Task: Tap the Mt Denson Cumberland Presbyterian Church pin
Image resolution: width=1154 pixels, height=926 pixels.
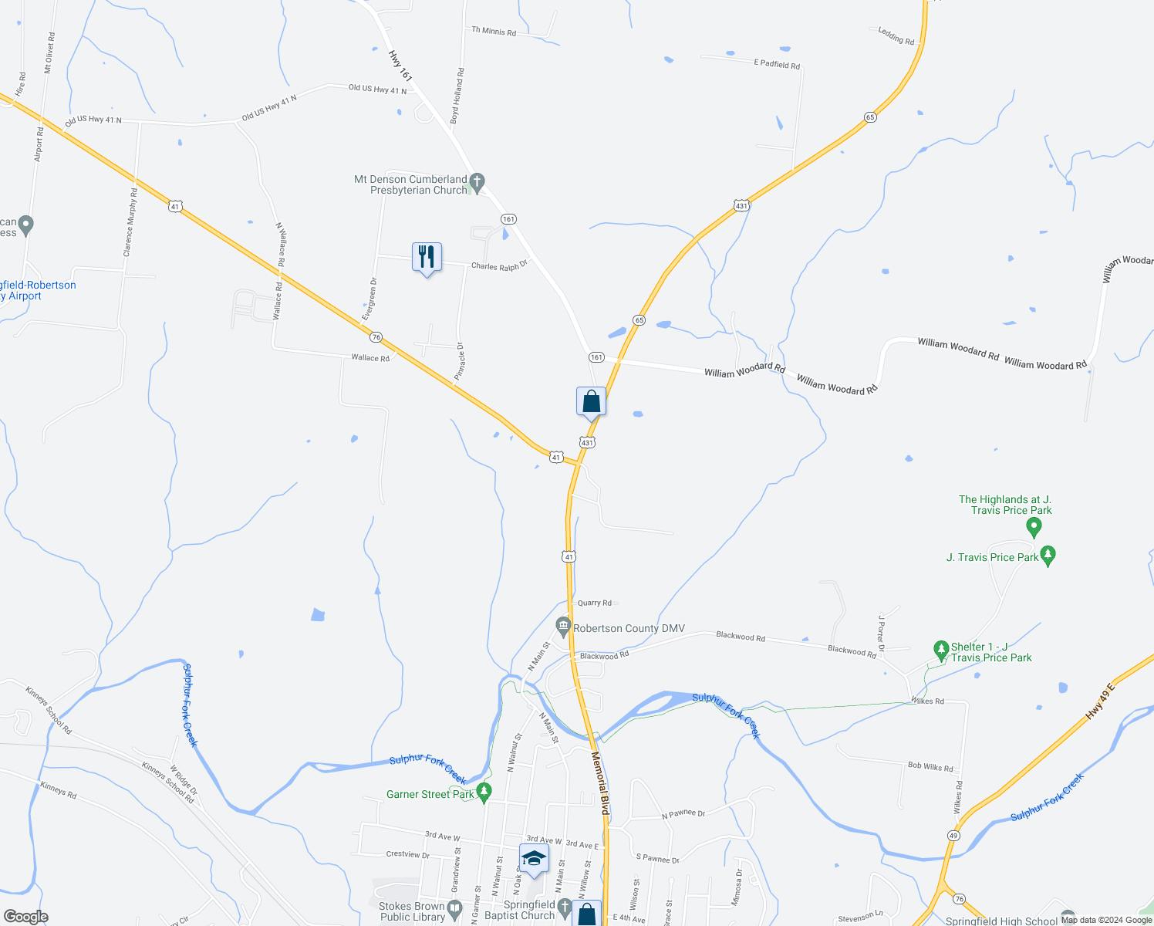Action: [x=477, y=183]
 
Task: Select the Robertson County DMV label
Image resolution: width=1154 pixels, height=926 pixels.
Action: [x=629, y=629]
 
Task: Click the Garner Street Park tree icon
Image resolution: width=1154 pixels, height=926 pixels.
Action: [x=484, y=792]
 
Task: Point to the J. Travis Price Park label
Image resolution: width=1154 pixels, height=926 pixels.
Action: [x=992, y=557]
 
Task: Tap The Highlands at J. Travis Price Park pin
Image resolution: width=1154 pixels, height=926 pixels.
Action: [x=1034, y=527]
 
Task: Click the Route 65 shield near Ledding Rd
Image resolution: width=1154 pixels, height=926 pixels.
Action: [x=870, y=117]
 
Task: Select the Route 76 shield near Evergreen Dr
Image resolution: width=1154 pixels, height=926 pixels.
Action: [x=376, y=337]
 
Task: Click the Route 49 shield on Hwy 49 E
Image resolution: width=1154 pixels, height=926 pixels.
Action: [x=953, y=836]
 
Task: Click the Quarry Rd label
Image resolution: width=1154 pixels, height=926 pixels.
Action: [x=595, y=603]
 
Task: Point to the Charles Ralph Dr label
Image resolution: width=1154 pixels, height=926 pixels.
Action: [x=499, y=266]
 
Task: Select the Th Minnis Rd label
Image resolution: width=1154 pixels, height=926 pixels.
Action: [x=494, y=32]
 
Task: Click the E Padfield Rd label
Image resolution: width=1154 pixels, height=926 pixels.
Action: [x=777, y=65]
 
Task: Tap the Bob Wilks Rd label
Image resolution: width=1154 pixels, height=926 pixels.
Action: [x=930, y=766]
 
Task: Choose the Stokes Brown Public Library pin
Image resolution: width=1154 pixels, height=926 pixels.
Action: [x=454, y=907]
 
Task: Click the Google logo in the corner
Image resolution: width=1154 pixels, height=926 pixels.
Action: [x=26, y=917]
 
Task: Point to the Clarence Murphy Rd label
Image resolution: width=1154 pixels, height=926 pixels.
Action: [x=130, y=222]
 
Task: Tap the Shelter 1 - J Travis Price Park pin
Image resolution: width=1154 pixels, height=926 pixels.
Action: [x=940, y=649]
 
